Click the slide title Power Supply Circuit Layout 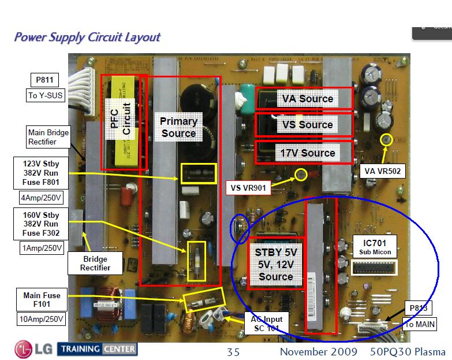(x=87, y=38)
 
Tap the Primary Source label (x=178, y=127)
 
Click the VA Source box (x=304, y=98)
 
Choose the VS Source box (x=304, y=124)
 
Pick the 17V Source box (x=304, y=153)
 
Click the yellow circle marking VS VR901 (x=300, y=174)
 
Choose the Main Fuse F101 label (x=42, y=300)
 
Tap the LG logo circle (x=24, y=349)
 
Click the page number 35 (x=233, y=352)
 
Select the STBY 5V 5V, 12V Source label (x=276, y=264)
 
